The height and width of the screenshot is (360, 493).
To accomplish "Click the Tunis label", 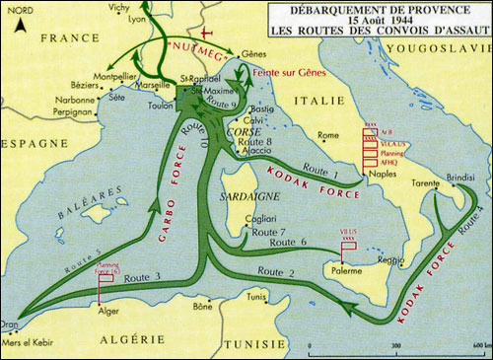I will click(x=257, y=296).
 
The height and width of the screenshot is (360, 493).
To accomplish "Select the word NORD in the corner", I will click(x=16, y=8).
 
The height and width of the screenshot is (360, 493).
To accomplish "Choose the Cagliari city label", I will click(x=263, y=218).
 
